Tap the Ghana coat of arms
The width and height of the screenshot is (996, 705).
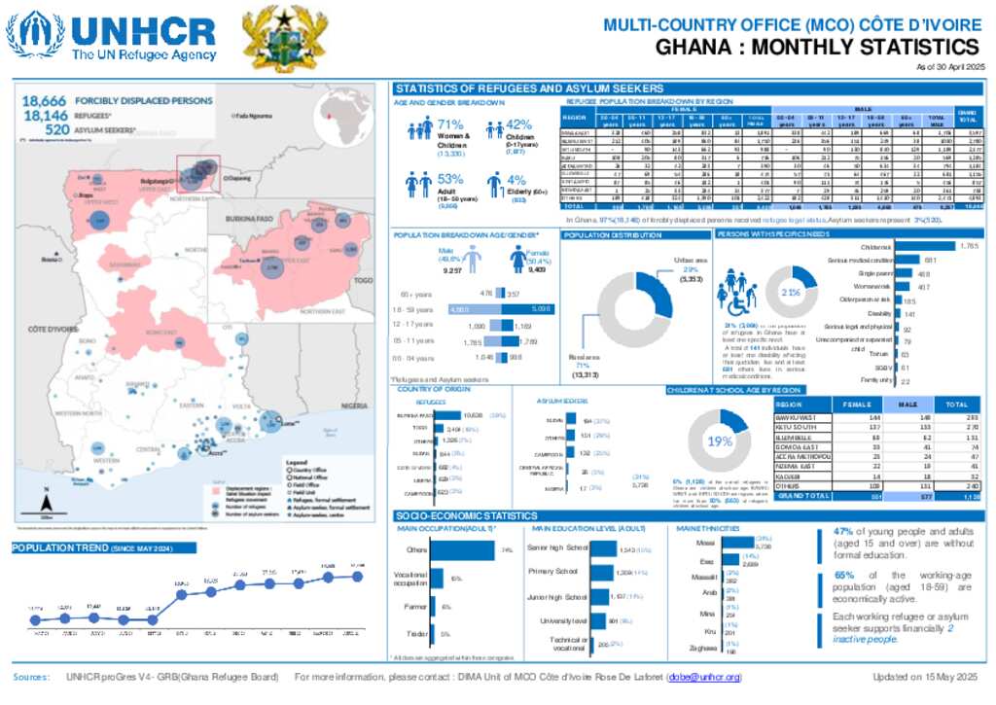pyautogui.click(x=271, y=36)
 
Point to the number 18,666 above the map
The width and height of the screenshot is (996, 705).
pyautogui.click(x=44, y=100)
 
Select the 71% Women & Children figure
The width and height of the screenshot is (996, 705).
pyautogui.click(x=449, y=123)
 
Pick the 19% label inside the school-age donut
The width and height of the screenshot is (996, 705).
pyautogui.click(x=720, y=441)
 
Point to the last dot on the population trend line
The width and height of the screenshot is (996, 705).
pyautogui.click(x=358, y=576)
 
